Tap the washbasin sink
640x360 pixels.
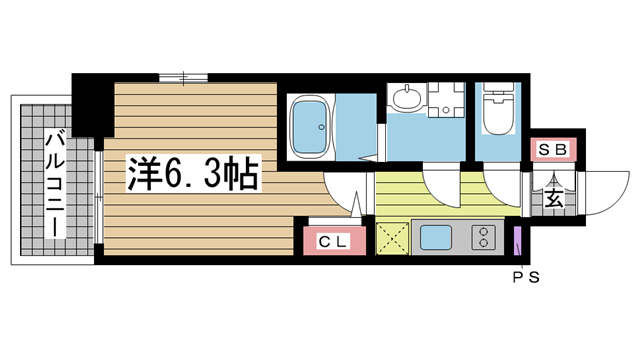(x=407, y=99)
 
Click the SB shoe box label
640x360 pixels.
(x=553, y=150)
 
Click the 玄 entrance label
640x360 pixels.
(x=553, y=197)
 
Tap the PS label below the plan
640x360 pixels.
(x=526, y=277)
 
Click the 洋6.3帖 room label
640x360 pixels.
(x=192, y=175)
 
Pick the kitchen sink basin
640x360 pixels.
(x=436, y=238)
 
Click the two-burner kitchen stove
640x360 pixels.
(x=484, y=238)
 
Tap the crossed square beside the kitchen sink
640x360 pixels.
(x=390, y=239)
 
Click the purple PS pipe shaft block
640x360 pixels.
(x=517, y=240)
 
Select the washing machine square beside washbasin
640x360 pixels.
(x=445, y=97)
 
